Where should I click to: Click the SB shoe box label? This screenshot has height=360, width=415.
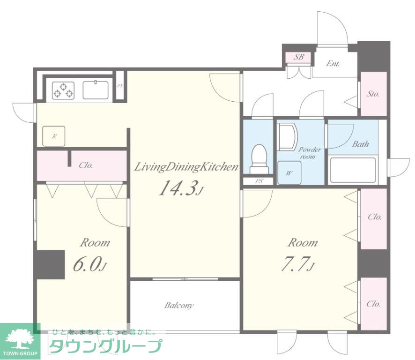[x=299, y=57]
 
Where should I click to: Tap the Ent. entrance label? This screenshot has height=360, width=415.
[x=333, y=64]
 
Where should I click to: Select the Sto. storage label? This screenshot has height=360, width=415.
[x=373, y=94]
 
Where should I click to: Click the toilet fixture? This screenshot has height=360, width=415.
[x=259, y=159]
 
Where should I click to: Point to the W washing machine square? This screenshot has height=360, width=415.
[x=289, y=172]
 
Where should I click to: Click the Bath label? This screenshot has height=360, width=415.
[x=361, y=144]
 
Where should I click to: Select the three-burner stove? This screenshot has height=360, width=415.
[x=63, y=90]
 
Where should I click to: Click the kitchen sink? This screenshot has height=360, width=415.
[x=96, y=90]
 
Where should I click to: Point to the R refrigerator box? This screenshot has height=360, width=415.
[x=54, y=136]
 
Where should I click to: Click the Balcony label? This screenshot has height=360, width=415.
[x=179, y=306]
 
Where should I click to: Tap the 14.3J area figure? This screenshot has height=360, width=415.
[x=181, y=188]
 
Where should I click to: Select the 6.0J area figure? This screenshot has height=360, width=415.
[x=90, y=264]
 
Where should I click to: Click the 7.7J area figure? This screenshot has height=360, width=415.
[x=297, y=264]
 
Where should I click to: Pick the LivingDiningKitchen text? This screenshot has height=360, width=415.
[x=186, y=167]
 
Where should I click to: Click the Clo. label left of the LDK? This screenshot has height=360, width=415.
[x=86, y=165]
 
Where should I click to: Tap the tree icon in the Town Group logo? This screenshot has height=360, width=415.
[x=20, y=339]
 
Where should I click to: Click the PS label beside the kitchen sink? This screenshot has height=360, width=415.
[x=120, y=86]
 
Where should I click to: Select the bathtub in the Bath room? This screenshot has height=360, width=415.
[x=353, y=170]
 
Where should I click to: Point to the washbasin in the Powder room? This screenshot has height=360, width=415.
[x=288, y=137]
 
